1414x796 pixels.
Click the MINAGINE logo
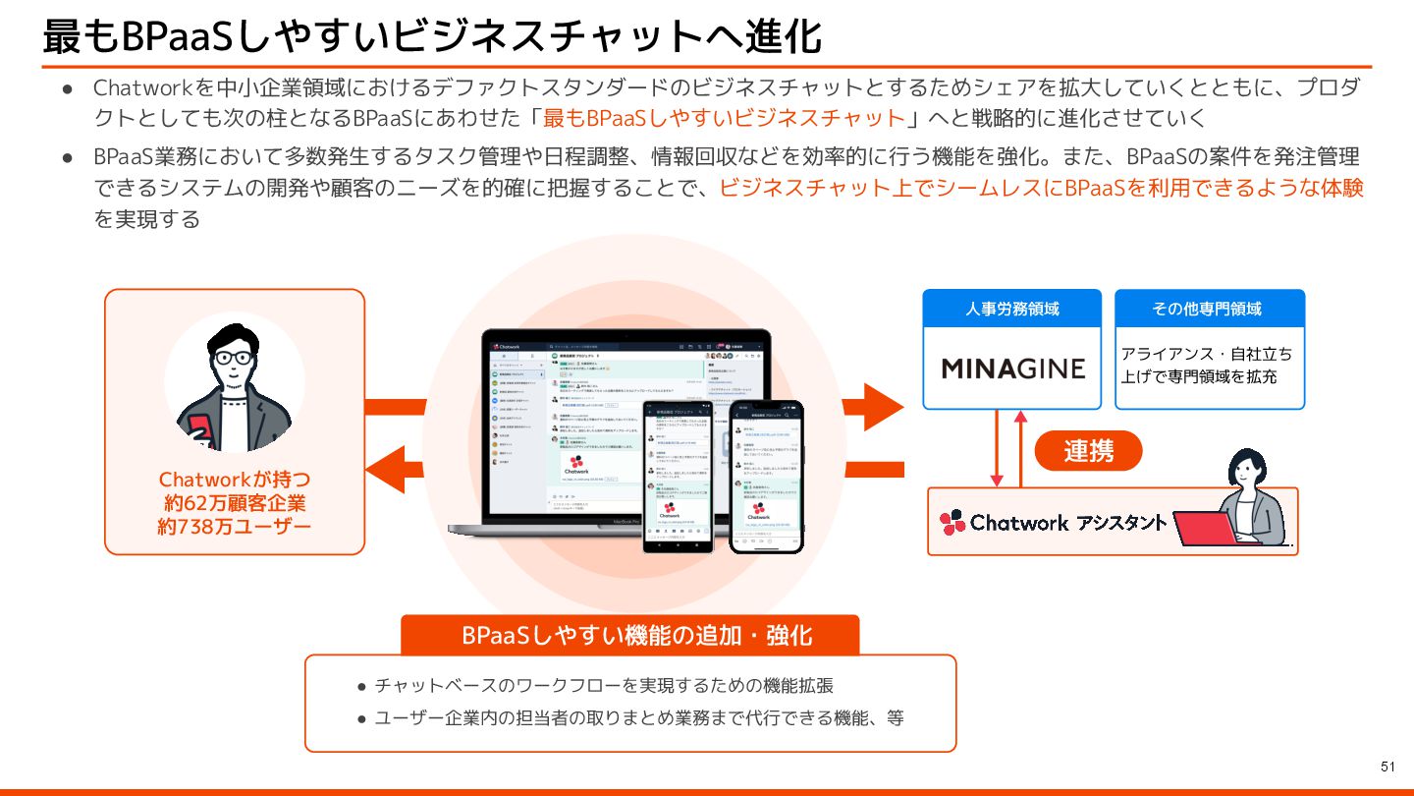pyautogui.click(x=1012, y=369)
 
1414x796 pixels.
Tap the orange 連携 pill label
pyautogui.click(x=1088, y=451)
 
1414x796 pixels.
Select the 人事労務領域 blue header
pyautogui.click(x=1012, y=309)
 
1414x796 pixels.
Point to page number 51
pyautogui.click(x=1387, y=767)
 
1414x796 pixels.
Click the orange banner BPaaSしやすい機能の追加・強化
pyautogui.click(x=629, y=635)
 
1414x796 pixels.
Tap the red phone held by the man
pyautogui.click(x=199, y=429)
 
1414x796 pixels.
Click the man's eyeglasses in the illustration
pyautogui.click(x=233, y=358)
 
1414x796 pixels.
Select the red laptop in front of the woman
pyautogui.click(x=1205, y=528)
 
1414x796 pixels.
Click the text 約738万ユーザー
pyautogui.click(x=234, y=527)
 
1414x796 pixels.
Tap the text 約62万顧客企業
pyautogui.click(x=234, y=503)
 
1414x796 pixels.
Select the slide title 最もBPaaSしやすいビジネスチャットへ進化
pyautogui.click(x=432, y=36)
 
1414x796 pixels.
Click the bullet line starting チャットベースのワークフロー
pyautogui.click(x=603, y=685)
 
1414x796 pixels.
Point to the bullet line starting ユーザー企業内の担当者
pyautogui.click(x=638, y=718)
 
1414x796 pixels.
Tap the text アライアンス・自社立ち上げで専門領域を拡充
pyautogui.click(x=1207, y=365)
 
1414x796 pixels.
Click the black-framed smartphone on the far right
pyautogui.click(x=765, y=475)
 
